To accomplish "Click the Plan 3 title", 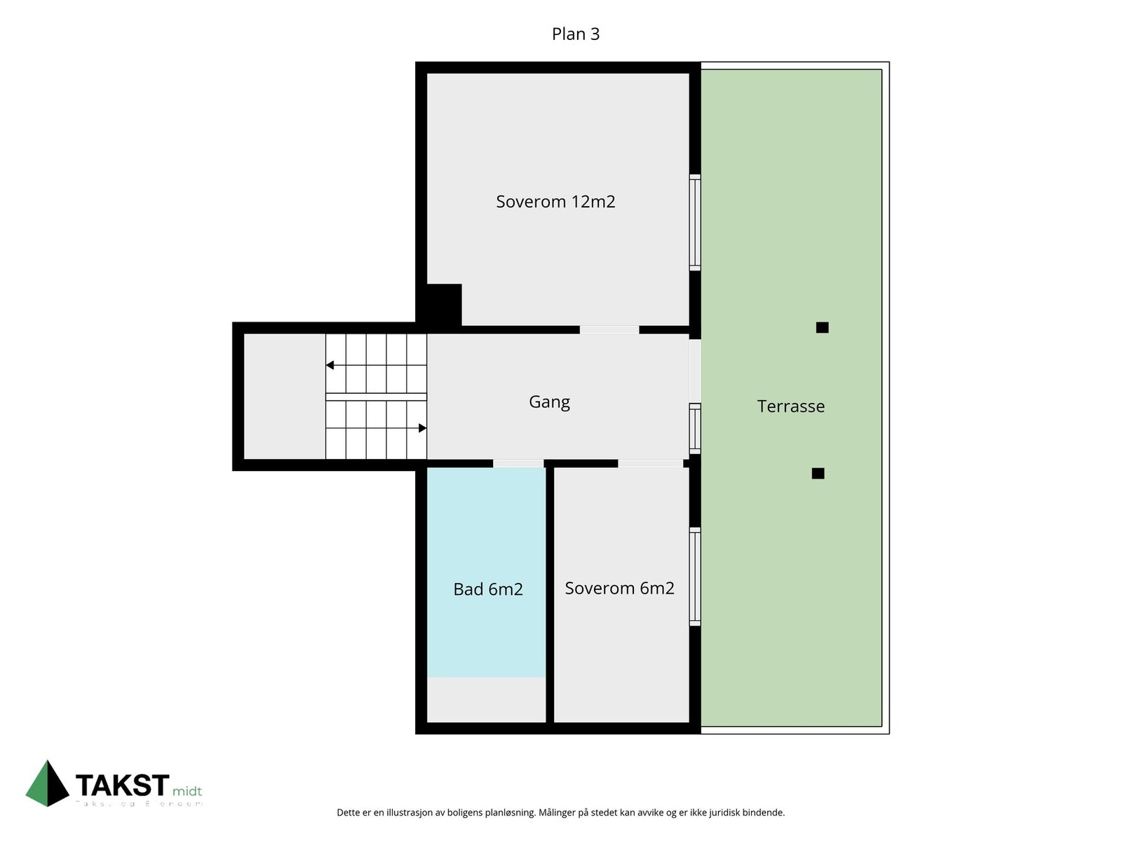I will pyautogui.click(x=575, y=34).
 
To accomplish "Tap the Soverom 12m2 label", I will pyautogui.click(x=555, y=202).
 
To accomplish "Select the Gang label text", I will pyautogui.click(x=549, y=402).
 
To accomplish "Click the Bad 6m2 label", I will pyautogui.click(x=488, y=589).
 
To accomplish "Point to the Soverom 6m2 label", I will pyautogui.click(x=619, y=588).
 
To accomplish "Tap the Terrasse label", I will pyautogui.click(x=790, y=406).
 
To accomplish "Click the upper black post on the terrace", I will pyautogui.click(x=822, y=327).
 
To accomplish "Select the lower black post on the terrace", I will pyautogui.click(x=818, y=473).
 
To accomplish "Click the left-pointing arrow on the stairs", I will pyautogui.click(x=330, y=365).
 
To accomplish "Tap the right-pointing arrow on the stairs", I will pyautogui.click(x=422, y=428).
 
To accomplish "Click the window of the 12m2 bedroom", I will pyautogui.click(x=694, y=222).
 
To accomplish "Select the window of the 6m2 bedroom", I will pyautogui.click(x=694, y=576).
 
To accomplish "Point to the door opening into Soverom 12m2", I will pyautogui.click(x=609, y=329).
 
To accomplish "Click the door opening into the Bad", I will pyautogui.click(x=518, y=463).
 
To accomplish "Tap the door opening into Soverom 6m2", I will pyautogui.click(x=650, y=463).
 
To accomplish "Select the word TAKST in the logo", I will pyautogui.click(x=122, y=785).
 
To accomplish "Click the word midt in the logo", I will pyautogui.click(x=187, y=791).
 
